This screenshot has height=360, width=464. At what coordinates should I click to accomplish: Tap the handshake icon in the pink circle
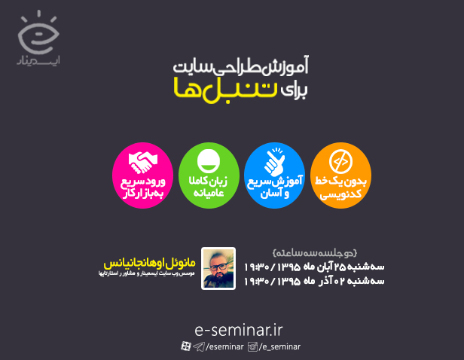point(142,160)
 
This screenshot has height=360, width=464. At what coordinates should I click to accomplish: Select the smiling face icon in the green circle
point(208,162)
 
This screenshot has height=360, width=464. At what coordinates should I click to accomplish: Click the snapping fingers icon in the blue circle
point(274,160)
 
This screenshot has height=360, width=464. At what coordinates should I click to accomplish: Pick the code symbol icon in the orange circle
point(340,160)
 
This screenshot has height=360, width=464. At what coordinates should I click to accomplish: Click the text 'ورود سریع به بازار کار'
point(142,188)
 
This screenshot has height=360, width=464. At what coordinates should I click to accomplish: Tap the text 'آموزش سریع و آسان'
point(274,188)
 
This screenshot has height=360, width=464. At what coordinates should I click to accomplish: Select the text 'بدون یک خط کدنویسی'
point(340,188)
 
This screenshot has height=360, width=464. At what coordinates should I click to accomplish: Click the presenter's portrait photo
point(218,269)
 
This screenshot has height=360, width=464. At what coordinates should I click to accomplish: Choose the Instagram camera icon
point(254,346)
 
